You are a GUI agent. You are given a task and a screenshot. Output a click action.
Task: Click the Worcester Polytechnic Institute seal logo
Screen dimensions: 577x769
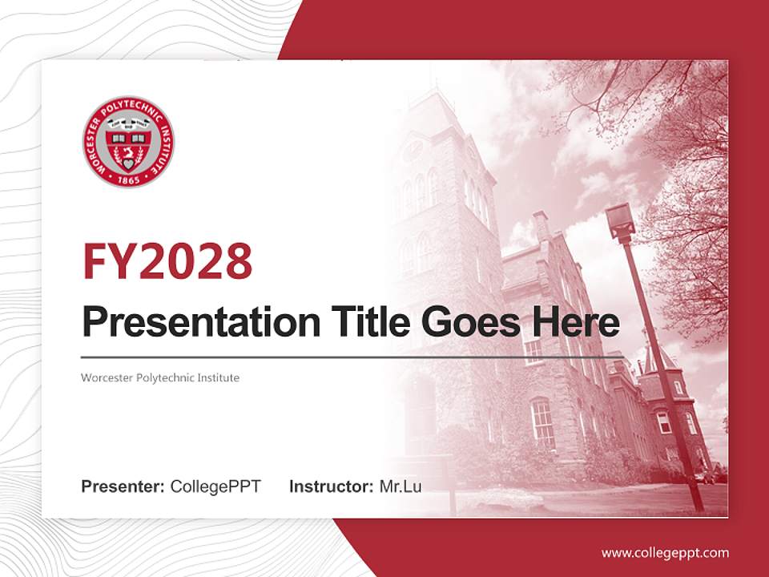128,142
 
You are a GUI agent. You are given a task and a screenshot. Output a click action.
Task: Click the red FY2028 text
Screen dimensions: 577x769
167,261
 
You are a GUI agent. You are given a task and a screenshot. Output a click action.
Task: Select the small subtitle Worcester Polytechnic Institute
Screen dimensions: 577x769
160,377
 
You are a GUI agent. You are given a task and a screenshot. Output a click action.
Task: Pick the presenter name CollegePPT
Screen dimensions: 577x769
215,486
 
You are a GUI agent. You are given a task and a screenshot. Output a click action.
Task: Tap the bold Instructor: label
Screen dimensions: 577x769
331,486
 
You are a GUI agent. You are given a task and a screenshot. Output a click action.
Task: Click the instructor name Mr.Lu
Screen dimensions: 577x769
400,486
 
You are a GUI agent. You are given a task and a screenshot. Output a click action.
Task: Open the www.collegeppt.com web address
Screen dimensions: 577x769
665,553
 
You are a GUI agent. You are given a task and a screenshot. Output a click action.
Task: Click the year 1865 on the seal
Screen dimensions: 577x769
128,179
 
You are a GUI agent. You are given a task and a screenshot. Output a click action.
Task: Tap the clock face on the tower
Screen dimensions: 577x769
414,150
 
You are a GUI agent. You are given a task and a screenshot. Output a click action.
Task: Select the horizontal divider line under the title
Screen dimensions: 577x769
352,357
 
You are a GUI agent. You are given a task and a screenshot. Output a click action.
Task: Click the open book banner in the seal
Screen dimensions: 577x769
128,124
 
